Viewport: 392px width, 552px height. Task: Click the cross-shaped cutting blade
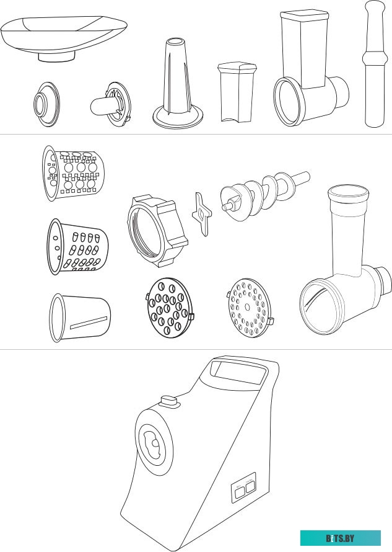202,214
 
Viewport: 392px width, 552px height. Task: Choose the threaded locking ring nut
157,231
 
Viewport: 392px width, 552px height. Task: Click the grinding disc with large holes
170,308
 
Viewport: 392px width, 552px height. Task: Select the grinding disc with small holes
250,308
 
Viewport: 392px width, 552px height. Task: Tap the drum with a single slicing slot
80,318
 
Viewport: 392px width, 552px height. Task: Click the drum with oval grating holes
77,246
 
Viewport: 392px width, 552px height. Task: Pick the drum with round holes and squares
73,173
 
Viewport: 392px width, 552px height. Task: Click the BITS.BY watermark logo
341,538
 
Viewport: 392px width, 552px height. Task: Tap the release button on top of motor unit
170,401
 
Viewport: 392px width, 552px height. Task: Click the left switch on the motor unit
240,492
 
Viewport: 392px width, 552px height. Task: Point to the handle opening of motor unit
238,371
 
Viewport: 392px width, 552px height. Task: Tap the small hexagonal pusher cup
237,92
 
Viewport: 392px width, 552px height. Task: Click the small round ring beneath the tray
47,104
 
